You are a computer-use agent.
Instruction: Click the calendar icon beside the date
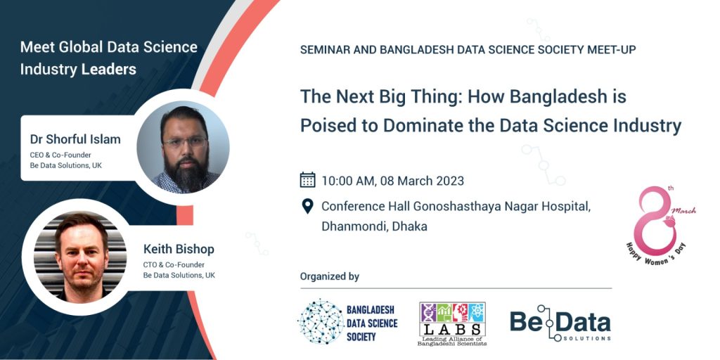click(x=308, y=179)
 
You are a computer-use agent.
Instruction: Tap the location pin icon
click(x=307, y=206)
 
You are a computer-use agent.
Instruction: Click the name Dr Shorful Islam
click(x=75, y=139)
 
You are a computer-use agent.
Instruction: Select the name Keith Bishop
click(x=179, y=250)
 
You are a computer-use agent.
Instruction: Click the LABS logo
click(x=452, y=323)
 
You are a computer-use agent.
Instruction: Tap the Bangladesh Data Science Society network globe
click(x=321, y=321)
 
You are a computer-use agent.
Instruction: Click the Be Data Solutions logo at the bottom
click(x=560, y=323)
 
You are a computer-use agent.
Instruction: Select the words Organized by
click(x=330, y=276)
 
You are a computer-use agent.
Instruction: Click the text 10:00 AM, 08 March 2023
click(x=392, y=181)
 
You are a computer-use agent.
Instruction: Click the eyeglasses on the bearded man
click(x=185, y=142)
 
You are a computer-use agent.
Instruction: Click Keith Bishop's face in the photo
click(x=82, y=257)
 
